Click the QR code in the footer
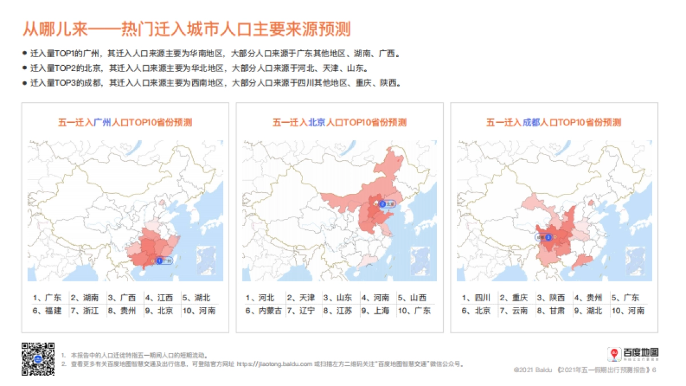[38, 359]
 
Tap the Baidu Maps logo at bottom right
[633, 354]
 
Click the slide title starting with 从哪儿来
[186, 29]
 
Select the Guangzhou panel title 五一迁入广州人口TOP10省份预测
[125, 122]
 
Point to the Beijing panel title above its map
[340, 122]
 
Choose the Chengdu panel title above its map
[553, 122]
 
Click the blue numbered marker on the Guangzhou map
[159, 260]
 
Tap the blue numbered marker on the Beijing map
[382, 204]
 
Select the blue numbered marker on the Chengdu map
[548, 237]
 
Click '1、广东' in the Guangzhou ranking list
[47, 297]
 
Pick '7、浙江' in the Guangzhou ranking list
[85, 311]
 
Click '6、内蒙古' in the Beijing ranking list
[264, 311]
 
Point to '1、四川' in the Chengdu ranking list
[476, 297]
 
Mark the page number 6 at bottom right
[654, 370]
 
